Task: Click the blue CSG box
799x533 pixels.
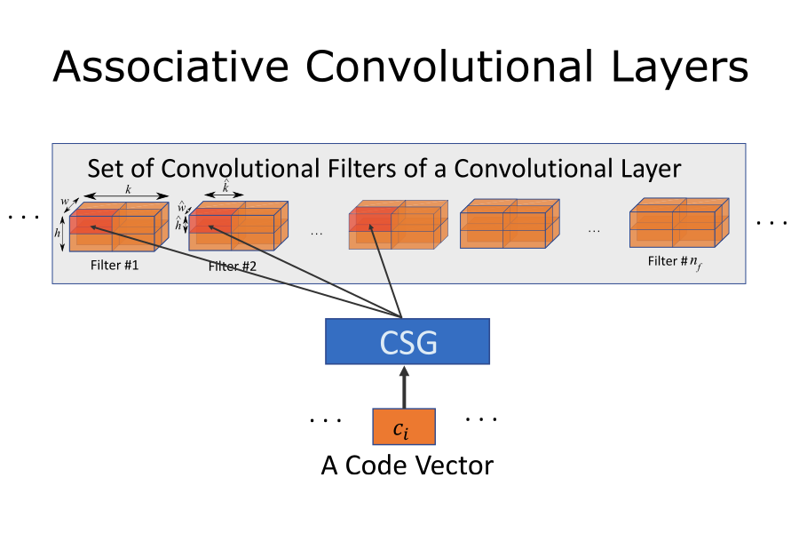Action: coord(407,341)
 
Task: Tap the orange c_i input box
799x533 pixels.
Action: coord(403,427)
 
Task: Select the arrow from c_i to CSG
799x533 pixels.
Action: coord(404,386)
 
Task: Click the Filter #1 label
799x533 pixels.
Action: coord(115,265)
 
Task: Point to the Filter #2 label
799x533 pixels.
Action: coord(233,266)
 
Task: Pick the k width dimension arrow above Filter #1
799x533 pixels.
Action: coord(128,196)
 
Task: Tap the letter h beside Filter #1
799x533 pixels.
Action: coord(58,233)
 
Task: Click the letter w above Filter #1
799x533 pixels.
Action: coord(64,202)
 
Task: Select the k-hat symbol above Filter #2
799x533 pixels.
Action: coord(225,187)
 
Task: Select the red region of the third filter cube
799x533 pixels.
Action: coord(369,219)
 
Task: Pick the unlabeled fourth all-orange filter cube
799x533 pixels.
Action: coord(509,223)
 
